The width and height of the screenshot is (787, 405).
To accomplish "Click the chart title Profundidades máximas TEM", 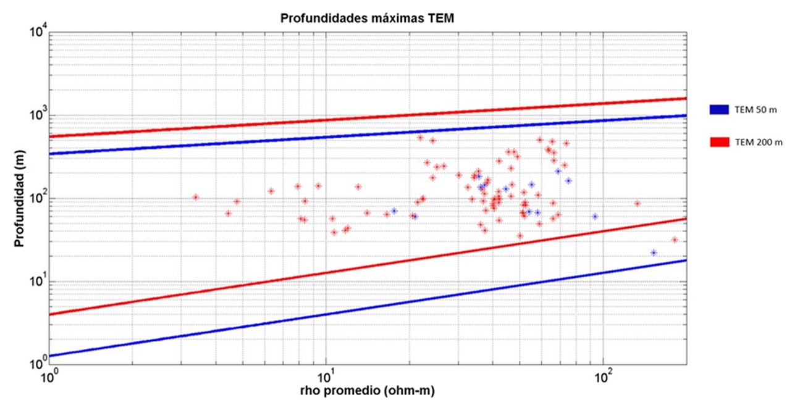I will pyautogui.click(x=368, y=18).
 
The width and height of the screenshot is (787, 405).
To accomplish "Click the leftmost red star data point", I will pyautogui.click(x=196, y=198).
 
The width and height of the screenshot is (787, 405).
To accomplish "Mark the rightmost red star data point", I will pyautogui.click(x=675, y=240).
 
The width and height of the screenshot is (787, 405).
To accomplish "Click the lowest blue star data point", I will pyautogui.click(x=653, y=253).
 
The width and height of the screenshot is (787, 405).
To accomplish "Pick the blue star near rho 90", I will pyautogui.click(x=595, y=217).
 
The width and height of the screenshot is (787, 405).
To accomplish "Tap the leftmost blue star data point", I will pyautogui.click(x=393, y=211).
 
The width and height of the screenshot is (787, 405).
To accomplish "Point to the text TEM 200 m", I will pyautogui.click(x=759, y=143).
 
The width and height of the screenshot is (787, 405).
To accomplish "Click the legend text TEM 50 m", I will pyautogui.click(x=756, y=110).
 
